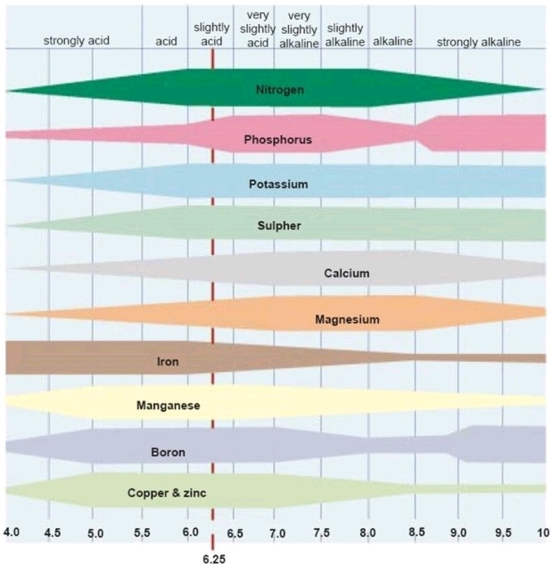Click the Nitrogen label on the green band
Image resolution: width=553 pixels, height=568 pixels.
(x=280, y=89)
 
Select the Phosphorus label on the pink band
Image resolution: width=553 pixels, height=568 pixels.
(x=277, y=139)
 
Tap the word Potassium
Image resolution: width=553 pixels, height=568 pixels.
(x=278, y=184)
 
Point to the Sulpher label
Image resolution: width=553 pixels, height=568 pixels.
(x=279, y=226)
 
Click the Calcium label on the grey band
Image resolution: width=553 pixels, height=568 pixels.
(x=347, y=273)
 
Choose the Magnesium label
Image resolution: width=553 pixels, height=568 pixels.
(x=347, y=319)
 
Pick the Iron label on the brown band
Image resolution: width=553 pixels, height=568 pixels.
(x=168, y=361)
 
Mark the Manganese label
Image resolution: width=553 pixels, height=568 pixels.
(x=169, y=406)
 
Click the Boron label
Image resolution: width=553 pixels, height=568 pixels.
(x=169, y=452)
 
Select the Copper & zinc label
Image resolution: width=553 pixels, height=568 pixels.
(x=167, y=493)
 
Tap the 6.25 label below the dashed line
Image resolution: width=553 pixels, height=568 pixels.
(x=214, y=559)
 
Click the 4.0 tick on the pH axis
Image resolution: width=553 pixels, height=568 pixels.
(x=12, y=532)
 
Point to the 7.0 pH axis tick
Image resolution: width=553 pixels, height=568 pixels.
(x=277, y=533)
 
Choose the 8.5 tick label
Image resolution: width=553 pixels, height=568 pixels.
(x=417, y=531)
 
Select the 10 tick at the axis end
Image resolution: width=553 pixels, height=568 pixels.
(x=543, y=532)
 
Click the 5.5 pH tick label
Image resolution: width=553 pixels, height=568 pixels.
(x=142, y=532)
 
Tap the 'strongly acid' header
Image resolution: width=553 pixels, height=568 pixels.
(x=77, y=41)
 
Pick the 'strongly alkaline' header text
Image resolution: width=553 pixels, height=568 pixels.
(x=479, y=42)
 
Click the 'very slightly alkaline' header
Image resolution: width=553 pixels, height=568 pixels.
(x=299, y=29)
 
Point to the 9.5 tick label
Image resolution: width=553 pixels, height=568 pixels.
(x=503, y=533)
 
